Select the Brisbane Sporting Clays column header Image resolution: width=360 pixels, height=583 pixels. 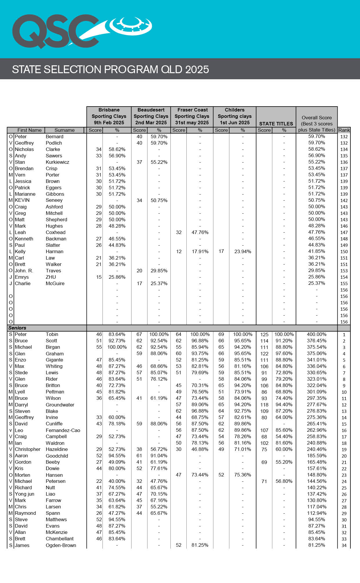109,116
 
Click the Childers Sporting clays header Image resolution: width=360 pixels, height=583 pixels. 235,116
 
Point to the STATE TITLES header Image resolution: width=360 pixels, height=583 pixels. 276,124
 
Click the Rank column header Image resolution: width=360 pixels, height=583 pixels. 344,130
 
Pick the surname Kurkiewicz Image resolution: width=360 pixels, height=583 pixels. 57,162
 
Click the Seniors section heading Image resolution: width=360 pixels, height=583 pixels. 17,328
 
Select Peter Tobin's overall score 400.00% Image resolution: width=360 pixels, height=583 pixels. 316,334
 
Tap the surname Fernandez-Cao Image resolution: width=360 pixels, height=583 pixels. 63,430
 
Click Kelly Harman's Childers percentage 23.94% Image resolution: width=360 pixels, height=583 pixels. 243,251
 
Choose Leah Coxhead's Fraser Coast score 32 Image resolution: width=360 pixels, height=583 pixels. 179,232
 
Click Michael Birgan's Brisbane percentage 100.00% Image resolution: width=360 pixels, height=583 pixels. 117,347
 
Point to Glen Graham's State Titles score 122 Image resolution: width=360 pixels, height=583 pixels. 264,354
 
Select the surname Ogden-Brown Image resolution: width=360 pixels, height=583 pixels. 61,545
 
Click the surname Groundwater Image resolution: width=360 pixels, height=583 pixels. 60,405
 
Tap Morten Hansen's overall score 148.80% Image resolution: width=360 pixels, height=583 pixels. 316,475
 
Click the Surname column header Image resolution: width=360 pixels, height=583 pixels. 64,130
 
